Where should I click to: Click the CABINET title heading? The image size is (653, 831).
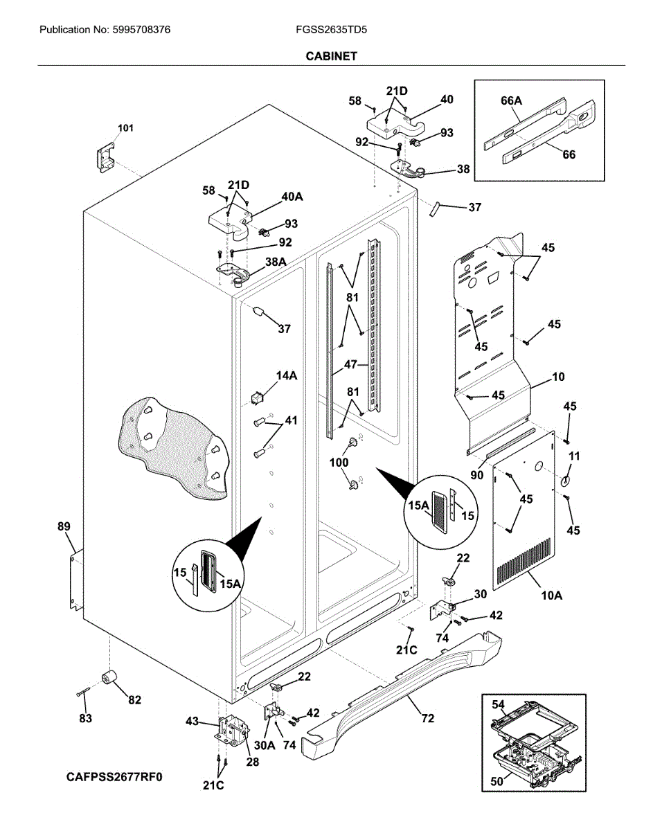click(331, 56)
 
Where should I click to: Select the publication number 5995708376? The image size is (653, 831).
click(141, 30)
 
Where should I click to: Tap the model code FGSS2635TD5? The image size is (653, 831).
click(331, 30)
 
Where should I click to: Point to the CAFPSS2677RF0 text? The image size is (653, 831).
click(114, 777)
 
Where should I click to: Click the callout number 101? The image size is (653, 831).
click(125, 128)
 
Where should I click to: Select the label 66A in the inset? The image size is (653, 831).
click(511, 101)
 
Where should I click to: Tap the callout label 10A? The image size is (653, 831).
click(552, 595)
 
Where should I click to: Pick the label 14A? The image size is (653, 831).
click(287, 376)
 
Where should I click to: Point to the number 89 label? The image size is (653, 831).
click(64, 526)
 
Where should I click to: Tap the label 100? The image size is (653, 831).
click(339, 463)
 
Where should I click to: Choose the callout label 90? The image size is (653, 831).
click(477, 475)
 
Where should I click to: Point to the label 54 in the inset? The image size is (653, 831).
click(498, 704)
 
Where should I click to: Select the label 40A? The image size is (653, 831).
click(292, 197)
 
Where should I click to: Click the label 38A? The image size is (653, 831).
click(276, 262)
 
